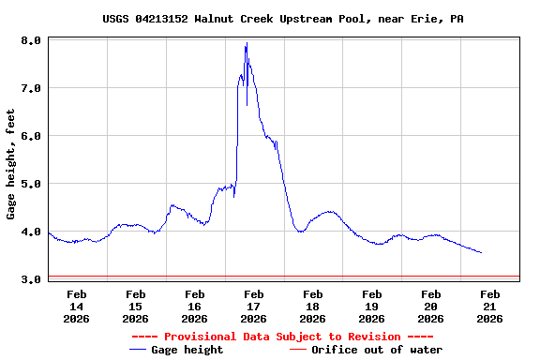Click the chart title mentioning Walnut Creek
click(282, 19)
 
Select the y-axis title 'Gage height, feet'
click(11, 164)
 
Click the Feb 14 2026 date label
click(77, 306)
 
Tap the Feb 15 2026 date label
click(136, 306)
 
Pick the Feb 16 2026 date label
click(195, 306)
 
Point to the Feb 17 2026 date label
click(254, 306)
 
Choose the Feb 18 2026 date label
click(313, 306)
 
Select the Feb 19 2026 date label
click(372, 306)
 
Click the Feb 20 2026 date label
click(431, 306)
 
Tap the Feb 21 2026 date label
click(490, 306)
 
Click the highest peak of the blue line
click(247, 43)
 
